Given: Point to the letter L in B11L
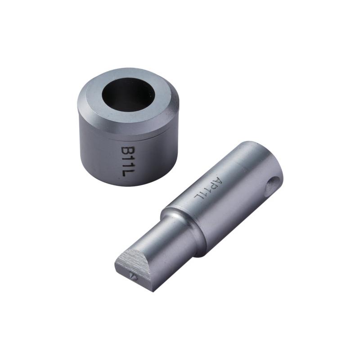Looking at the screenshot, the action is pos(127,173).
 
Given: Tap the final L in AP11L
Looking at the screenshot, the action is pos(198,197).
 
